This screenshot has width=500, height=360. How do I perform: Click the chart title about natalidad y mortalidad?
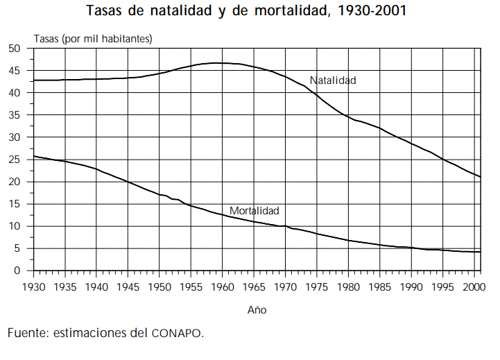(246, 12)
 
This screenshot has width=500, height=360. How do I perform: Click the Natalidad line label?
(333, 80)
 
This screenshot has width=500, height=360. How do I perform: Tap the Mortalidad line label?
(255, 210)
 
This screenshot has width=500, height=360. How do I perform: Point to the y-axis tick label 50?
(15, 48)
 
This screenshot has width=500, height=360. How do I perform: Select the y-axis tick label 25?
(15, 160)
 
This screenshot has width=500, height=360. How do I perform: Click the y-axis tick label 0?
(19, 271)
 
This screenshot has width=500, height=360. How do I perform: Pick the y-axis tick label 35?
(15, 115)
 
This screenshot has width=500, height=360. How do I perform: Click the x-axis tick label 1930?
(33, 286)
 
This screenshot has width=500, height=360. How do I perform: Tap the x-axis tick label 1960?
(222, 286)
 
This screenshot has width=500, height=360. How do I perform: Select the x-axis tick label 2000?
(473, 286)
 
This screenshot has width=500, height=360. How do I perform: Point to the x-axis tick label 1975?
(316, 286)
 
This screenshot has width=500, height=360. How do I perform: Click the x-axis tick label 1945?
(128, 286)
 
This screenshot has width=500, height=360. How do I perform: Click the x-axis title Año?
(257, 310)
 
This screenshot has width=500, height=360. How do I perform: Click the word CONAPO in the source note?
(177, 334)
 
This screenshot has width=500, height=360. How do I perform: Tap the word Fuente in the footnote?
(28, 333)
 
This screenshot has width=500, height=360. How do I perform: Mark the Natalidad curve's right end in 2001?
(480, 177)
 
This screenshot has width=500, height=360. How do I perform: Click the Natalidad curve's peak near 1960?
(218, 63)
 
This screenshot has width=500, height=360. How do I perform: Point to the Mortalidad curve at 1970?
(285, 226)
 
